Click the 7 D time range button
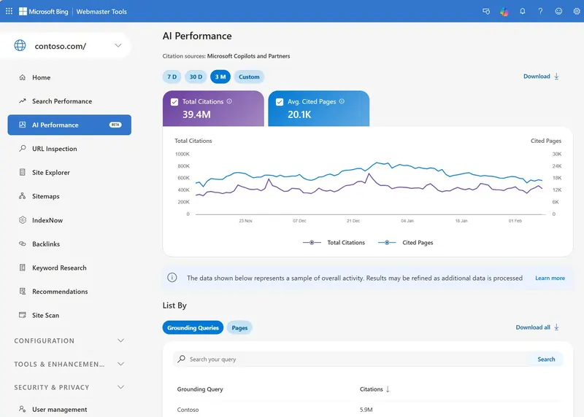[x=172, y=77]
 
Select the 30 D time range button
[x=196, y=77]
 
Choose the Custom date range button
[x=249, y=77]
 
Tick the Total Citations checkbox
[x=174, y=102]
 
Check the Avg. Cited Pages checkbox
[x=280, y=102]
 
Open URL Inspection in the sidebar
[x=54, y=149]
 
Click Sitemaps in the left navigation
[x=45, y=196]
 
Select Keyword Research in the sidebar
[x=59, y=268]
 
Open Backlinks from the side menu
[x=46, y=244]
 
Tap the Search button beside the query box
[x=546, y=359]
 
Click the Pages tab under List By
[x=239, y=328]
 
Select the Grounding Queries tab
[x=193, y=328]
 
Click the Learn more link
[x=550, y=278]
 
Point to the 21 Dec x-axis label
[x=353, y=220]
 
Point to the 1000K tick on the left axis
[x=182, y=154]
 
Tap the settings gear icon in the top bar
[x=577, y=12]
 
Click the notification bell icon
[x=522, y=12]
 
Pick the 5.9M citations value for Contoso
[x=366, y=410]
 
